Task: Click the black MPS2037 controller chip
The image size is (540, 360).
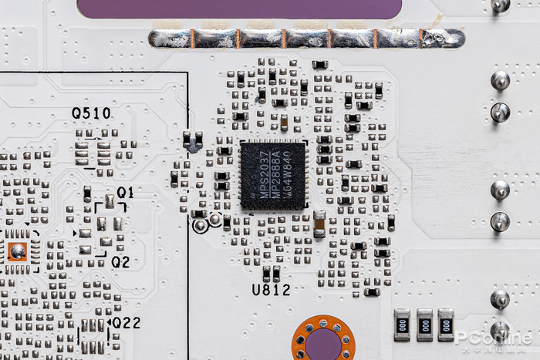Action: click(272, 174)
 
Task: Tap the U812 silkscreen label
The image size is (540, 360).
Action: click(271, 290)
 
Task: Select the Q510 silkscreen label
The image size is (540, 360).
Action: click(91, 113)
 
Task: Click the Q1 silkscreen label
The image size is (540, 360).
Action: click(125, 192)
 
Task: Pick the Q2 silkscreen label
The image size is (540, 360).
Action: click(120, 262)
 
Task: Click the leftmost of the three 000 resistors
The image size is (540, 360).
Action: click(403, 325)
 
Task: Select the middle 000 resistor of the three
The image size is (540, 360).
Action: click(424, 325)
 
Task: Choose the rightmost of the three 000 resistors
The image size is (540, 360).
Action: click(446, 325)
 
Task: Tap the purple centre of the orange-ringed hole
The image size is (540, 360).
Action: click(322, 344)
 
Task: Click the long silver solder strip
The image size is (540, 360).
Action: click(306, 39)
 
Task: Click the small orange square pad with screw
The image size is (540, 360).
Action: click(17, 251)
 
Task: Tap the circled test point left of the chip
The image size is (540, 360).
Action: click(201, 225)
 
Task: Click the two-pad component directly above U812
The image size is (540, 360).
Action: click(271, 273)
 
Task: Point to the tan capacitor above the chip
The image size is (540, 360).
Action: click(284, 123)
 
